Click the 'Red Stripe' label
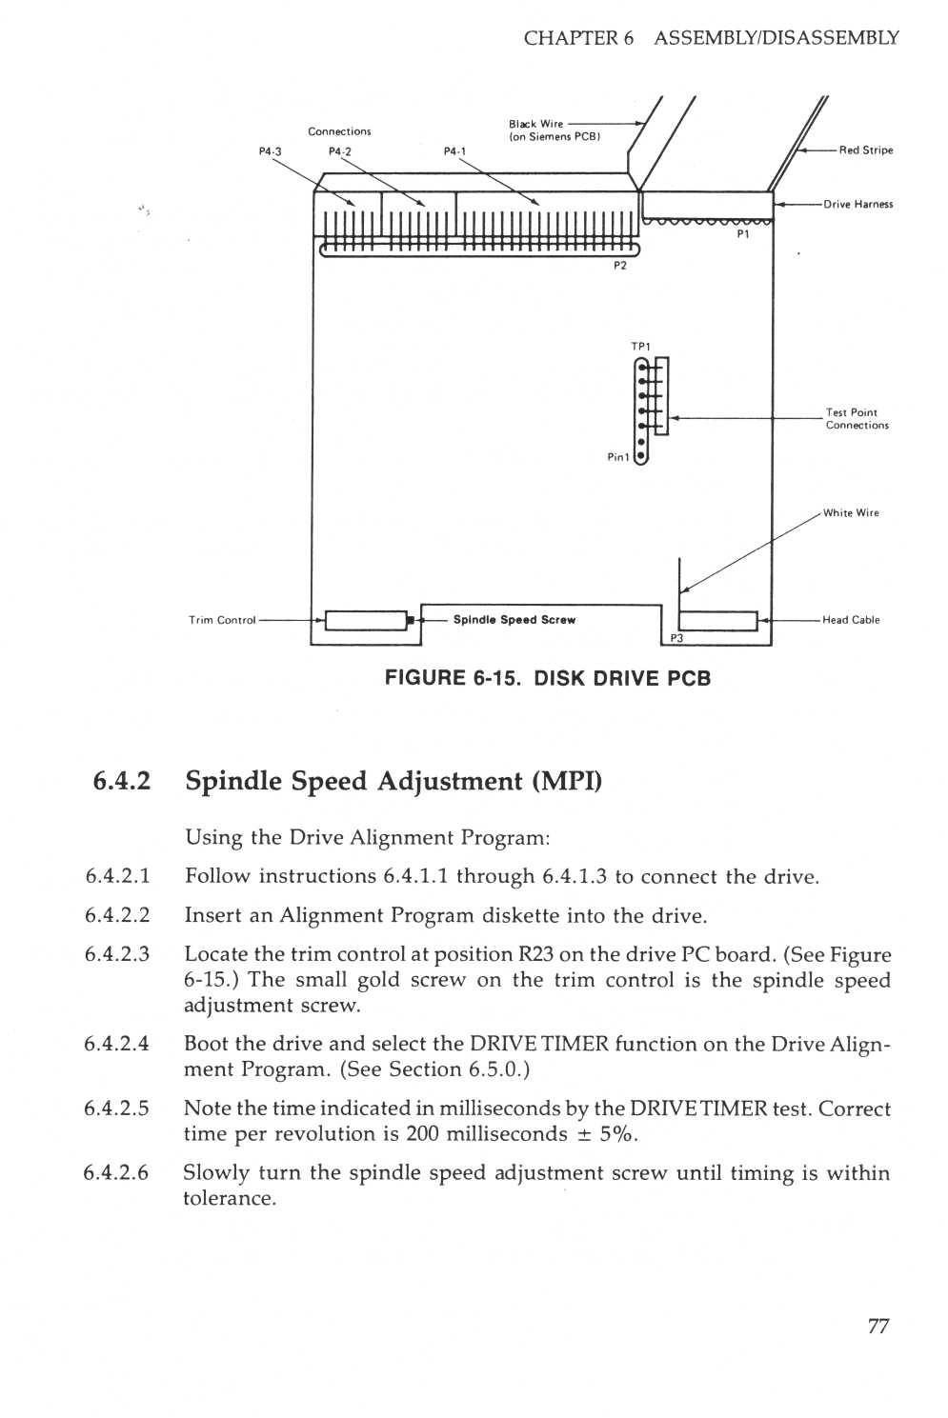point(865,150)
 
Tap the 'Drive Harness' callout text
point(857,204)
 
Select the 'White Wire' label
point(851,513)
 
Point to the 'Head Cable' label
point(851,620)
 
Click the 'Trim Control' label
point(222,621)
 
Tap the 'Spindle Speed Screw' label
point(514,620)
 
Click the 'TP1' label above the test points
point(640,347)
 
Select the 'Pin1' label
point(618,458)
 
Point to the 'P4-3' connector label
point(271,151)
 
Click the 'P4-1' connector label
point(455,151)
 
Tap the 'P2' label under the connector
point(620,267)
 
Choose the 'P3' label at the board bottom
point(676,639)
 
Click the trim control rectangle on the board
point(367,621)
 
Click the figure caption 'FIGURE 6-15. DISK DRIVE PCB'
point(548,679)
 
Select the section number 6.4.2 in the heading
point(122,782)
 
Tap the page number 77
point(877,1327)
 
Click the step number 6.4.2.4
point(116,1044)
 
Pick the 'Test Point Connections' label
point(857,419)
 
